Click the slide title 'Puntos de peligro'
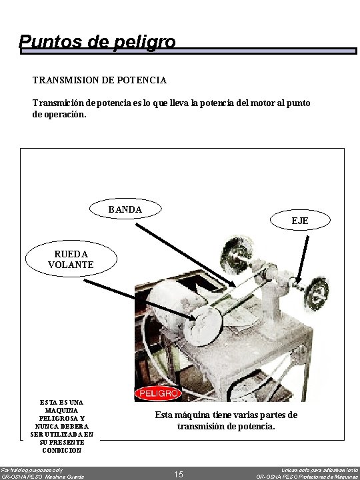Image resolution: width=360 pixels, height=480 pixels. [x=97, y=42]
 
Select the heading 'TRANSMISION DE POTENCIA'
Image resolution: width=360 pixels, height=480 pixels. [x=99, y=80]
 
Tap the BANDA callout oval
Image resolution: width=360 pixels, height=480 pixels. [x=125, y=209]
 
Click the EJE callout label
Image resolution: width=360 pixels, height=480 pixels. [x=300, y=220]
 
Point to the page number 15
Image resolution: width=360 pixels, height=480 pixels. [x=179, y=474]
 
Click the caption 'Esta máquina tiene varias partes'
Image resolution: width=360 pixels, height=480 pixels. [x=226, y=415]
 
